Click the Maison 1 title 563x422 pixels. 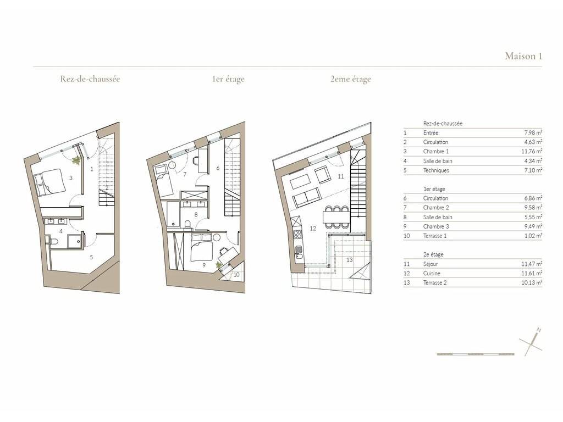pos(523,56)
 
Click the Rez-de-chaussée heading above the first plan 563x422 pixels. pos(90,79)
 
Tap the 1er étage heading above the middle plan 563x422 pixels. pos(228,79)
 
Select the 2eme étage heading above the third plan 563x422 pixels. pos(350,79)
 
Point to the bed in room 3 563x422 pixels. pos(49,182)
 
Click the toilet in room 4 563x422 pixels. pos(53,241)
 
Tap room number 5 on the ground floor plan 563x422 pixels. pos(92,257)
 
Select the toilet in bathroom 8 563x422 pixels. pos(187,225)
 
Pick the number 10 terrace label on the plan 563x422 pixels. pos(236,275)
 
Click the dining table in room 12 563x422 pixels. pos(336,217)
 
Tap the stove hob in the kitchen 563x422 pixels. pos(298,234)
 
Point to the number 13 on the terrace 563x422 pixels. pos(349,260)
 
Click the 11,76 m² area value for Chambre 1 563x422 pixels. pos(532,152)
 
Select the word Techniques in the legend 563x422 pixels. pos(436,170)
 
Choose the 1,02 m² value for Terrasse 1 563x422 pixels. pos(533,236)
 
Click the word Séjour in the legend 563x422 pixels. pos(430,264)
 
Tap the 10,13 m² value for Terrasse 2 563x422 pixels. pos(532,283)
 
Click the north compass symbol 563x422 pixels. pos(531,342)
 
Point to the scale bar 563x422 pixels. pos(476,354)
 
